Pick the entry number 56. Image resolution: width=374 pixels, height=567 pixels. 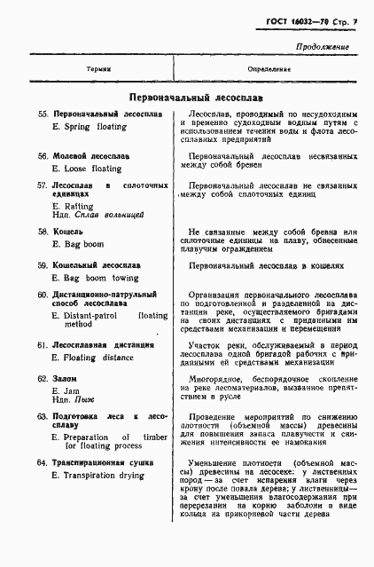(42, 155)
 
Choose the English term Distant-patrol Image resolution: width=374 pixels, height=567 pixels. (92, 315)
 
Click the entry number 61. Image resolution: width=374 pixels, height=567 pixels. (42, 343)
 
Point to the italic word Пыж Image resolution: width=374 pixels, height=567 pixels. (84, 399)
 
